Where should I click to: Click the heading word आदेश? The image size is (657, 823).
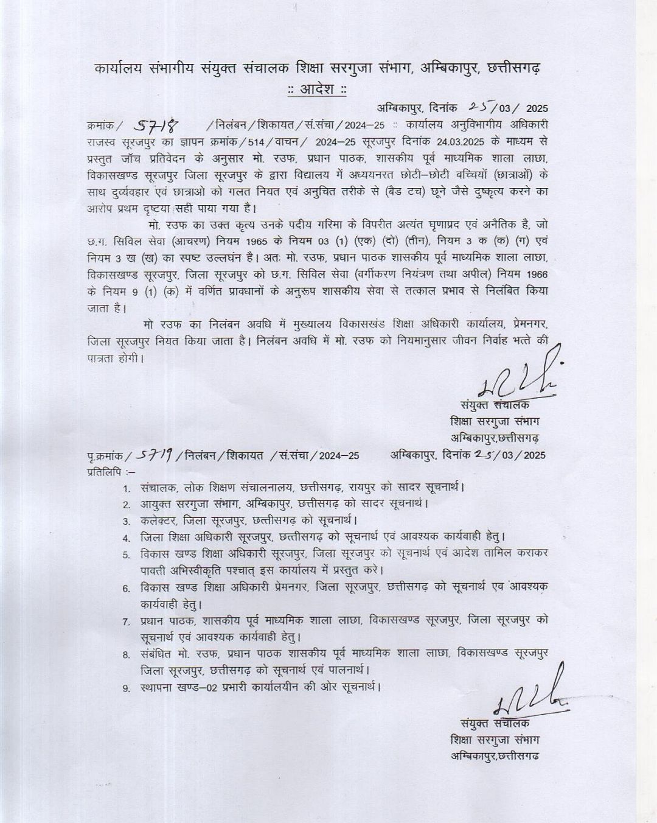pos(316,89)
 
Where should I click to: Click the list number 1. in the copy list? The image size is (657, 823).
pos(127,489)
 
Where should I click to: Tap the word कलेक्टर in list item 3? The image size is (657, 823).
pos(157,521)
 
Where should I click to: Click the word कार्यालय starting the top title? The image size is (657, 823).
pos(119,69)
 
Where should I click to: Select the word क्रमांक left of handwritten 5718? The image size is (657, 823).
pos(100,126)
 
